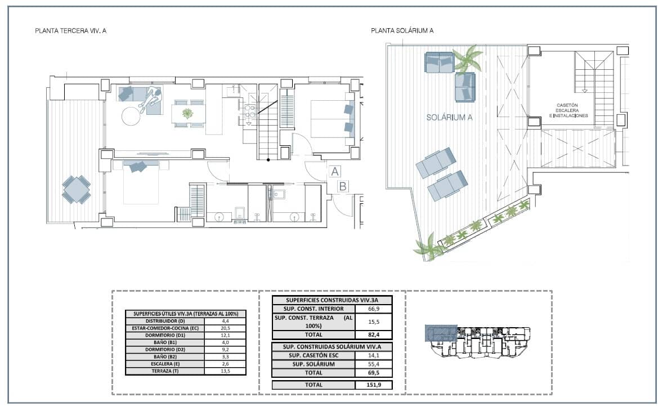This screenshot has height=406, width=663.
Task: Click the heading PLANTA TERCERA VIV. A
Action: click(x=70, y=31)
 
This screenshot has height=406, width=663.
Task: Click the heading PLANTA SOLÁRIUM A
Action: click(x=402, y=31)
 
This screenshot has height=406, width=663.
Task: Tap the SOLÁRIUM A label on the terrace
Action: click(x=449, y=118)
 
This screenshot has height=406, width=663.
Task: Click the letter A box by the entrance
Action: click(x=334, y=172)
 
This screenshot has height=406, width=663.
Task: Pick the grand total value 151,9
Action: click(x=374, y=385)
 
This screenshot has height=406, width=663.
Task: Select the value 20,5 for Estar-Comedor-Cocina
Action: click(x=225, y=328)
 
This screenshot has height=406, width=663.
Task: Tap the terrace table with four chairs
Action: click(x=76, y=189)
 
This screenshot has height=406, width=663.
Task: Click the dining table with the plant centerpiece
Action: click(x=187, y=114)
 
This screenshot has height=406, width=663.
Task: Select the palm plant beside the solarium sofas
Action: click(x=468, y=58)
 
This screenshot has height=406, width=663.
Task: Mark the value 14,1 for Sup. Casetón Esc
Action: click(x=374, y=355)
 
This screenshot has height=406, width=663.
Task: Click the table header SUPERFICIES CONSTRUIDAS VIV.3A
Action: click(x=331, y=300)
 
